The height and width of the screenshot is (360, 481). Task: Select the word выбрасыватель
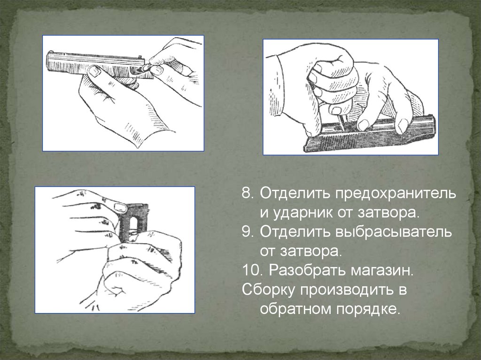coord(394,232)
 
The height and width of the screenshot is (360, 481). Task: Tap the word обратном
coord(296,309)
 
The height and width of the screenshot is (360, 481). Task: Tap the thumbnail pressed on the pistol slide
coord(93,72)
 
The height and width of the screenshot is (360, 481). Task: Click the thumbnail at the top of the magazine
coord(121,206)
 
